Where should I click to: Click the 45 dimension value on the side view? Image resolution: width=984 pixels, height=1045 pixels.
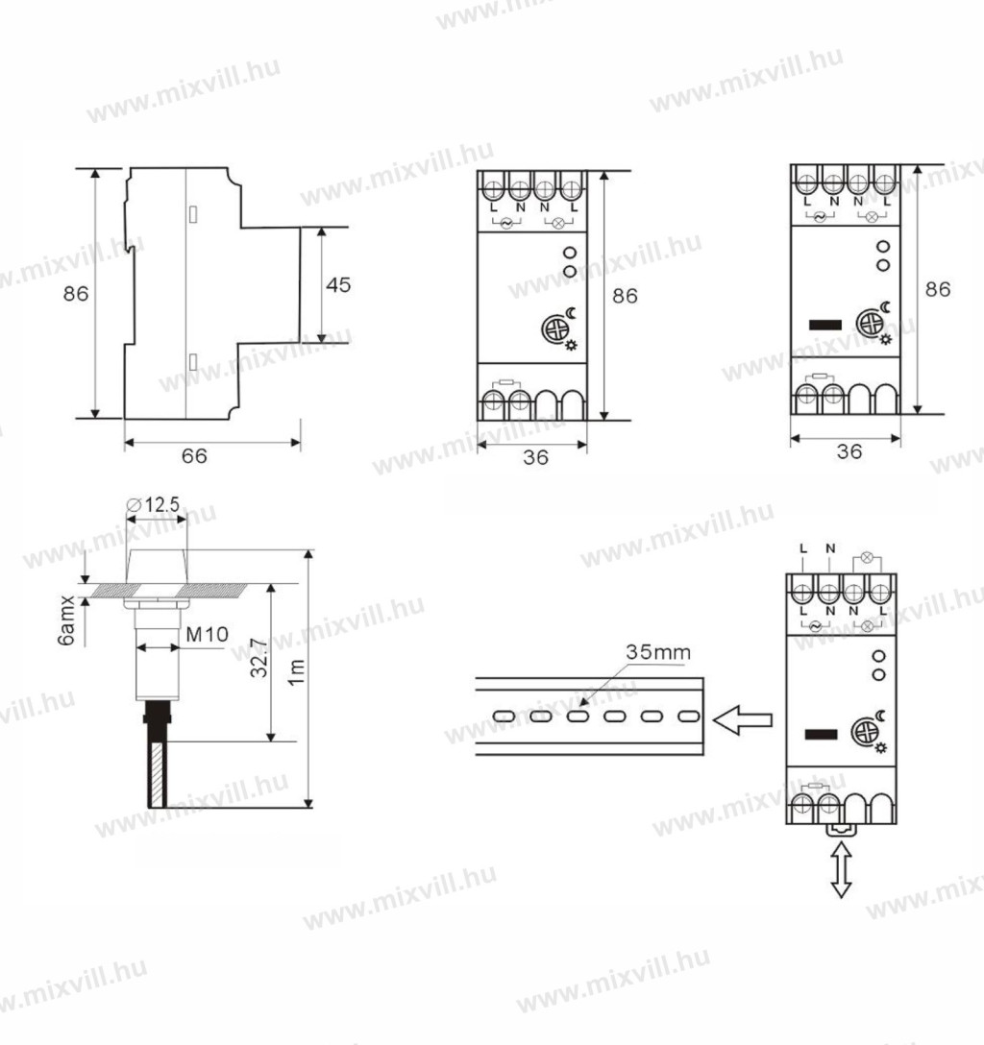[x=338, y=285]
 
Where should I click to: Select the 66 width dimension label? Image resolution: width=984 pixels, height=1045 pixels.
[x=194, y=456]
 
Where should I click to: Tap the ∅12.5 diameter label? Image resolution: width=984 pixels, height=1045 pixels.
[x=153, y=504]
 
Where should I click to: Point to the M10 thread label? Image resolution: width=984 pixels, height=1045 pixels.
[x=208, y=634]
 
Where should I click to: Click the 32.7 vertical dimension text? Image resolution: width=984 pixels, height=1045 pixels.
[x=258, y=658]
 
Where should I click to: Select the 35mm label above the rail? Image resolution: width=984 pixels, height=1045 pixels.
[x=658, y=652]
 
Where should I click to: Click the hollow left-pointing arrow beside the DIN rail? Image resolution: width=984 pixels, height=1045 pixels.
[x=743, y=720]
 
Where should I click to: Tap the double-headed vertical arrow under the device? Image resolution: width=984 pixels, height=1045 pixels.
[x=842, y=869]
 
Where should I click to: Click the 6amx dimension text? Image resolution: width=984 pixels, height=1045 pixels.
[x=66, y=621]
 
